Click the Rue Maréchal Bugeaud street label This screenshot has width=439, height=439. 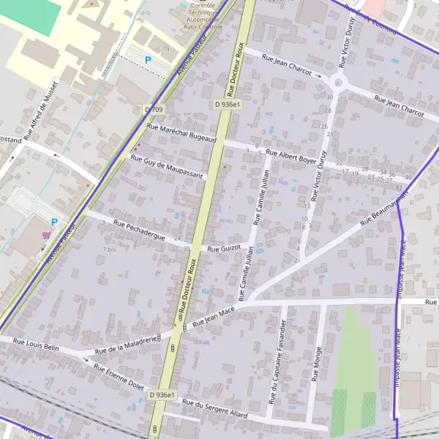pyautogui.click(x=181, y=132)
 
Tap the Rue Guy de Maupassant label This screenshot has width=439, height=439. pyautogui.click(x=166, y=166)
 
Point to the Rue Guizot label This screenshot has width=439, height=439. pyautogui.click(x=224, y=249)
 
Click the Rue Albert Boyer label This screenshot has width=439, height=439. pyautogui.click(x=290, y=157)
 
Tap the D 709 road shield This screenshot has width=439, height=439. pyautogui.click(x=153, y=109)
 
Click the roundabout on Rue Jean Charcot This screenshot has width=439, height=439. pyautogui.click(x=339, y=81)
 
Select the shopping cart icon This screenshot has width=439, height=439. pyautogui.click(x=47, y=236)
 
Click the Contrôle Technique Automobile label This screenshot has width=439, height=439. pyautogui.click(x=202, y=14)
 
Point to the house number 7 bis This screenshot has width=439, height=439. pyautogui.click(x=109, y=249)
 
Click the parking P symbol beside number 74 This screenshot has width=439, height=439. pyautogui.click(x=149, y=60)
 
